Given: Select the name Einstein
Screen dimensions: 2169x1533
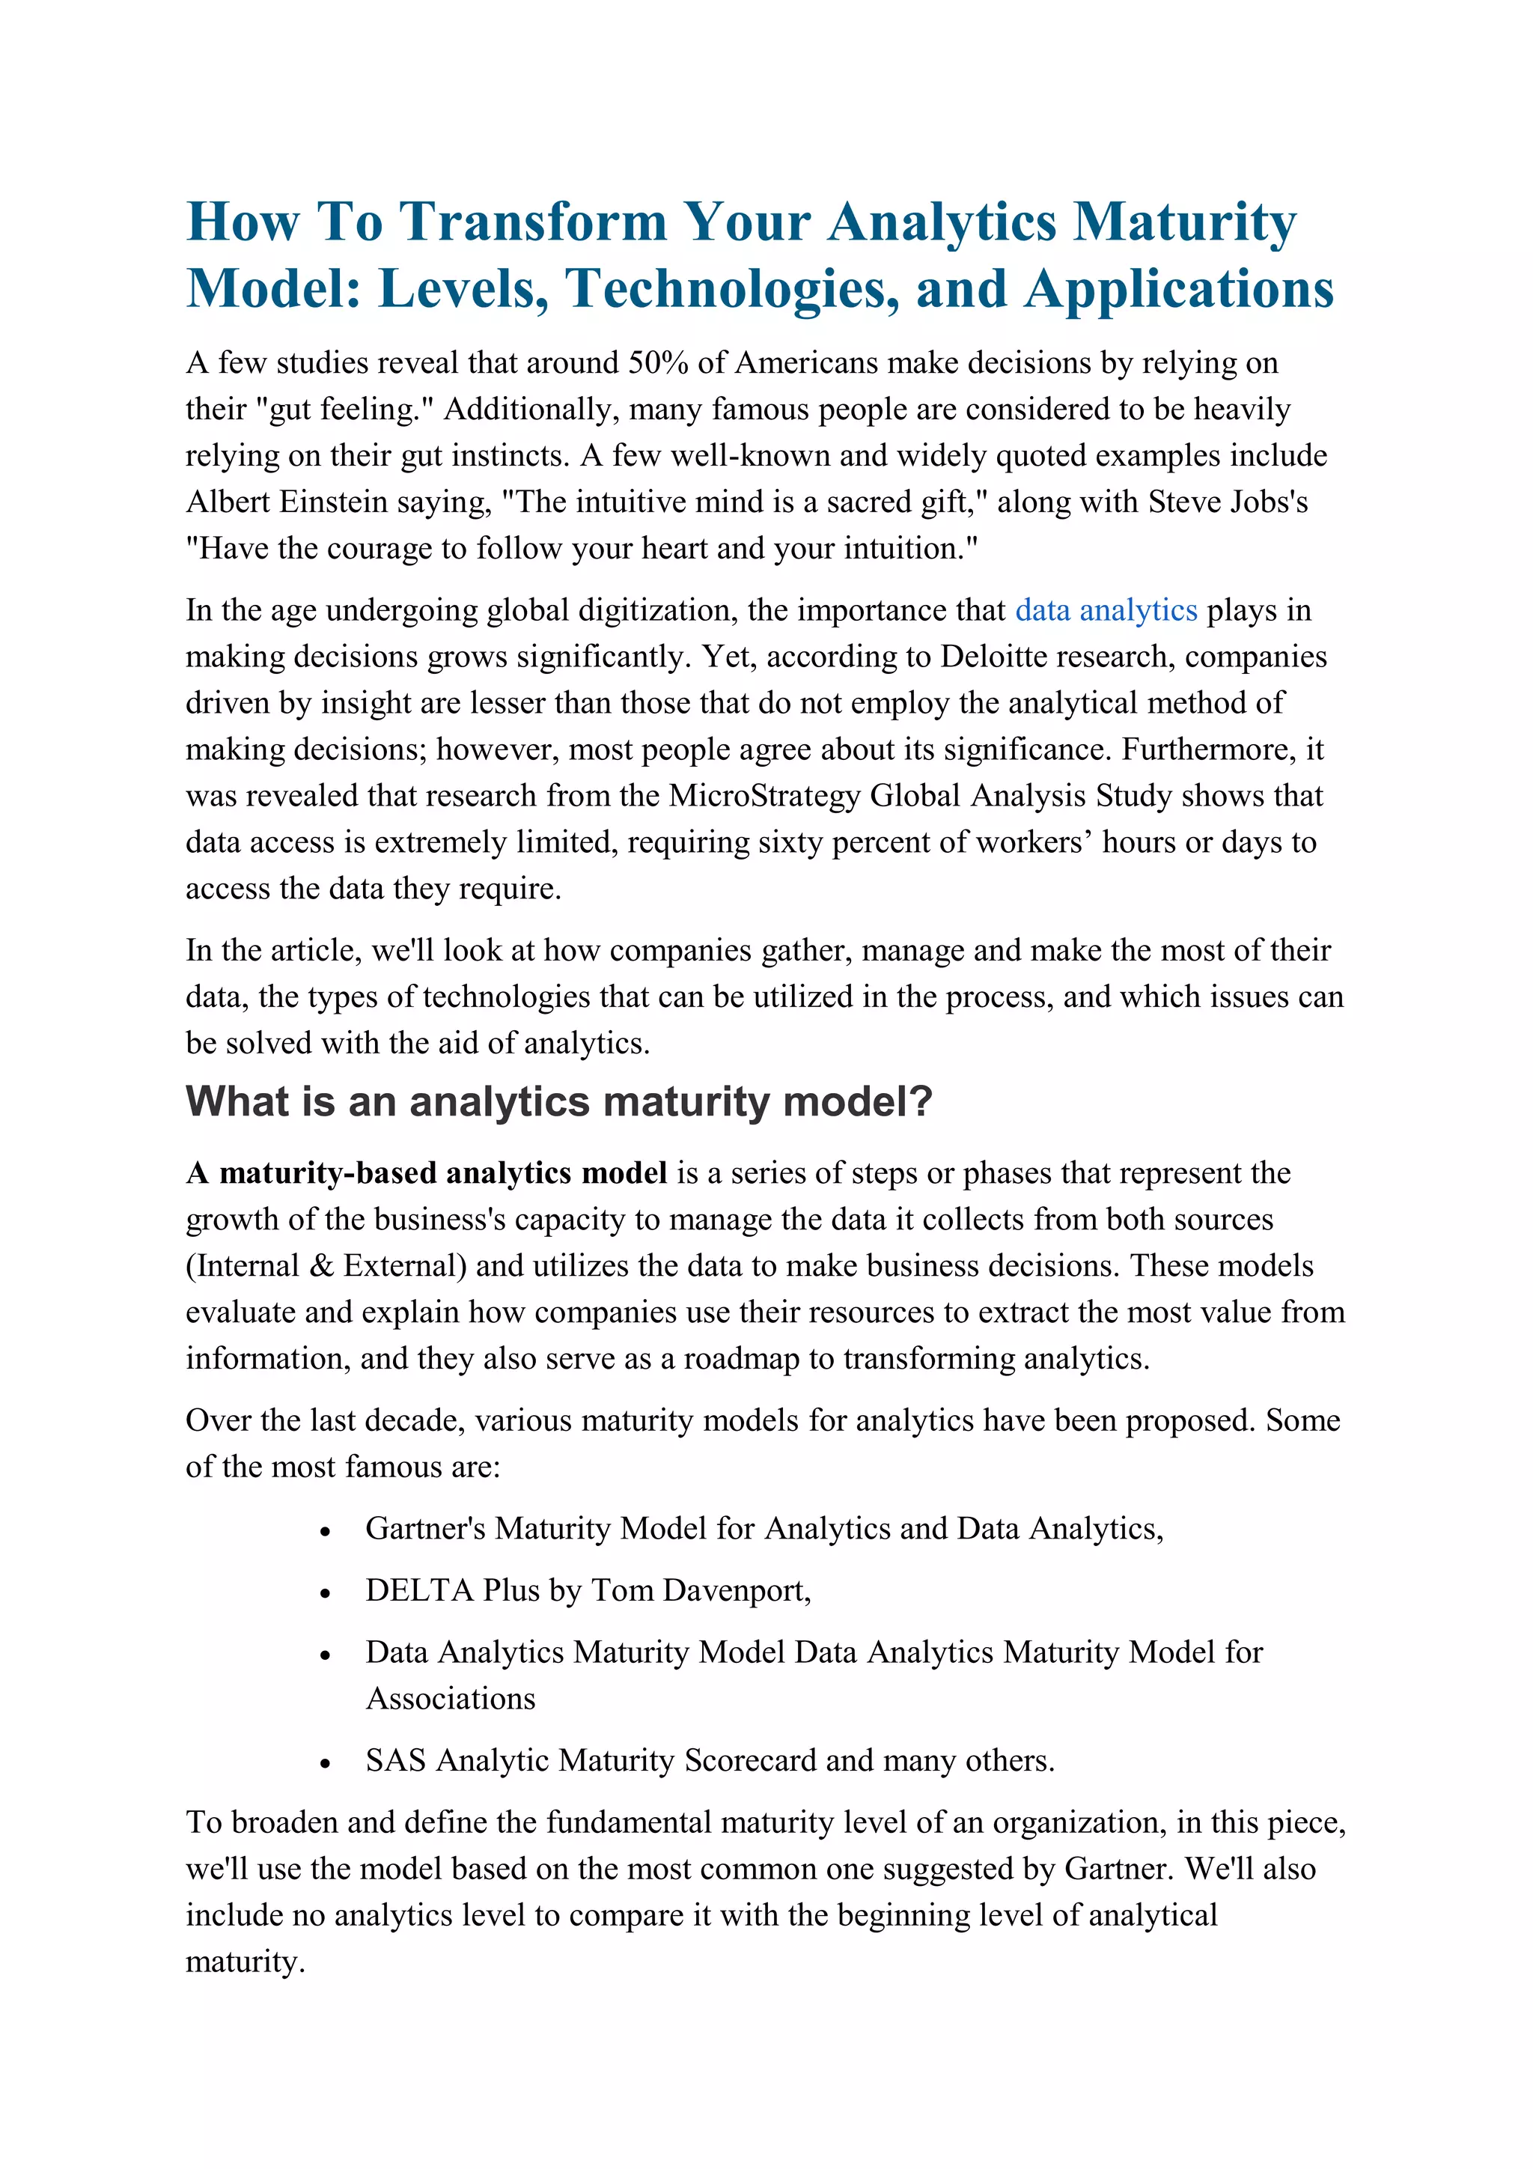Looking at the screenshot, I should pyautogui.click(x=333, y=502).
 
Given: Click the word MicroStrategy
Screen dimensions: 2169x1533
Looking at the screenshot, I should pyautogui.click(x=764, y=795).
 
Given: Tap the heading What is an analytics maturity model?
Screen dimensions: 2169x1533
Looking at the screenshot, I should pyautogui.click(x=558, y=1101).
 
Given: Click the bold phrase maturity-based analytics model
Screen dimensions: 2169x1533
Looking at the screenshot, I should pyautogui.click(x=443, y=1173).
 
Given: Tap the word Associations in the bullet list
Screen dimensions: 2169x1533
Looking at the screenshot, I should pyautogui.click(x=451, y=1699).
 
